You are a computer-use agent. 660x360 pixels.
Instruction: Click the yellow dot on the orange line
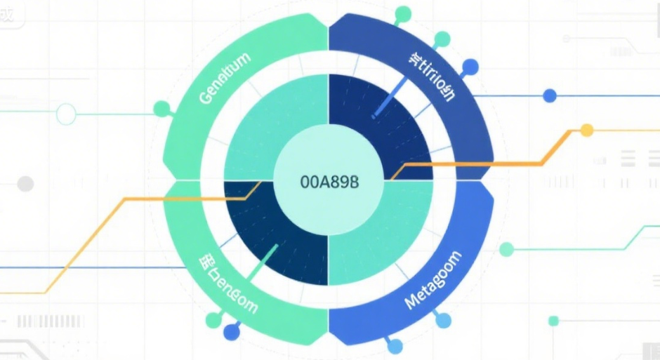587,131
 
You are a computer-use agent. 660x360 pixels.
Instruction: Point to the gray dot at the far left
25,184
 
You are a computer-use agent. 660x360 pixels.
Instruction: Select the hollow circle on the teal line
65,113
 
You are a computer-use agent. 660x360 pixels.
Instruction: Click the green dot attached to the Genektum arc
161,108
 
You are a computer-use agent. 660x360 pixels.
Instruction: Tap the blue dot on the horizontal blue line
550,95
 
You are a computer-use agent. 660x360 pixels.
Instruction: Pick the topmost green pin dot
403,13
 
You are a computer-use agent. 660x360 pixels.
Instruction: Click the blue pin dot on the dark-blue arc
470,67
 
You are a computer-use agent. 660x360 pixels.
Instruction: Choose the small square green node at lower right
553,321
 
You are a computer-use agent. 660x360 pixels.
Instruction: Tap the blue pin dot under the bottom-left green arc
230,333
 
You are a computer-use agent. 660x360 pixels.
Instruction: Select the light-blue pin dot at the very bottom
395,346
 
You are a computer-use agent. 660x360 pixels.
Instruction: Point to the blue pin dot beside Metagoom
442,321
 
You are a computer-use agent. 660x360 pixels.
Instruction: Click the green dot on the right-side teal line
506,248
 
